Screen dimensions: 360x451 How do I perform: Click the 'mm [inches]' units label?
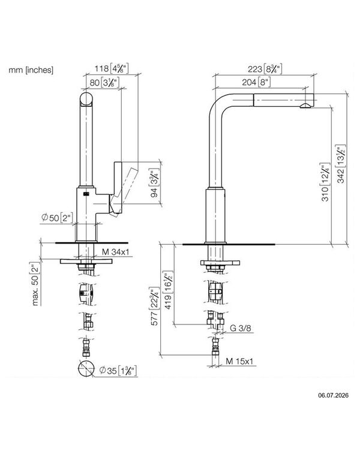coord(31,70)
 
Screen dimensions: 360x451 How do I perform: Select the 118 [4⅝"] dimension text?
coord(112,68)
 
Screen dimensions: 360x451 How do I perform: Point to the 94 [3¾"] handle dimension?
coord(155,184)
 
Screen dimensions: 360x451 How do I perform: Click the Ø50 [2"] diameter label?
coord(58,218)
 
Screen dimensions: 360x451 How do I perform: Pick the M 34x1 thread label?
coord(116,252)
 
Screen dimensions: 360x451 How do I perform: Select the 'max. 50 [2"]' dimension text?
coord(35,284)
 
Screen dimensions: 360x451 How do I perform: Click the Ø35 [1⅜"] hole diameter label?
coord(118,371)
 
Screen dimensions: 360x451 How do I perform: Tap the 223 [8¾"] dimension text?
coord(265,69)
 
